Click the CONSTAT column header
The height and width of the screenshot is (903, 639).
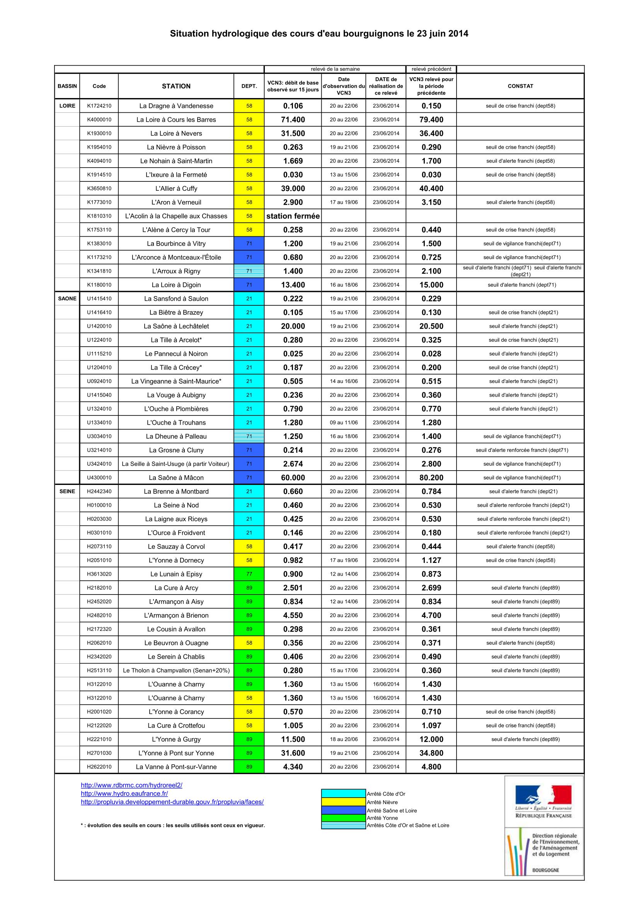(x=520, y=86)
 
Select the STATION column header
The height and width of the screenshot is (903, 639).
(x=176, y=86)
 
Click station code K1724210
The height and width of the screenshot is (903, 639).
(x=99, y=106)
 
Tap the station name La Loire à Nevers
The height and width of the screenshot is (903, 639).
(x=176, y=133)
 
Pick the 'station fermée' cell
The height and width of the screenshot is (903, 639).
(x=293, y=216)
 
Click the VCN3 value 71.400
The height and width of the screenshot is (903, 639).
(x=293, y=120)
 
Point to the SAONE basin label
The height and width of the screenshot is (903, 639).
(x=67, y=298)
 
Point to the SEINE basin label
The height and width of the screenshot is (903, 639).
(x=67, y=491)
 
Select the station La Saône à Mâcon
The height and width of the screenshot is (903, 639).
(x=176, y=478)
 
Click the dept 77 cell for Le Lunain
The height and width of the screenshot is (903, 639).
(x=249, y=574)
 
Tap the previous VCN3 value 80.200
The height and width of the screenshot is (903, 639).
(x=431, y=478)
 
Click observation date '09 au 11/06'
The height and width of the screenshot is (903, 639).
(x=344, y=422)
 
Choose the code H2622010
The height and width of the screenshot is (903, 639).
(x=99, y=767)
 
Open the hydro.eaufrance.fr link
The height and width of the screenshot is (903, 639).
(x=124, y=794)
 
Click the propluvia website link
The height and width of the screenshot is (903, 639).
(x=172, y=802)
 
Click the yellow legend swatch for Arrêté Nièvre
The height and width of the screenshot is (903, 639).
(x=343, y=802)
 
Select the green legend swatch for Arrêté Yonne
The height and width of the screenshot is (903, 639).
(x=343, y=818)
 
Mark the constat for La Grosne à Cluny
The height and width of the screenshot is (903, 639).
(x=521, y=450)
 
